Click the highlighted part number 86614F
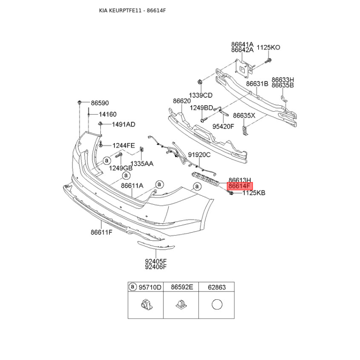[239, 186]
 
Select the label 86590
[99, 103]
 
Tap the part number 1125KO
[268, 48]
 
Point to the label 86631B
[257, 84]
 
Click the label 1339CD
[200, 95]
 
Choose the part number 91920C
[199, 155]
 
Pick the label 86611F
[102, 232]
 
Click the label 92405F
[156, 261]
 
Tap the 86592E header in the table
[182, 287]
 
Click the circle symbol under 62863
[217, 305]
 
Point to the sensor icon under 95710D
[147, 305]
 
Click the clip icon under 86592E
[181, 305]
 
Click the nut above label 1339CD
[200, 81]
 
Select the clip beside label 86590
[80, 103]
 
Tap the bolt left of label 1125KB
[230, 193]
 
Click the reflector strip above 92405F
[156, 245]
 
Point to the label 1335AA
[142, 164]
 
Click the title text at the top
[132, 10]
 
